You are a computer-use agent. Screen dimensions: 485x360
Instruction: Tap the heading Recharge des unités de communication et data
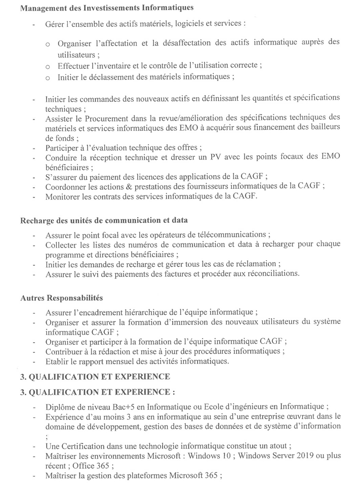(x=103, y=220)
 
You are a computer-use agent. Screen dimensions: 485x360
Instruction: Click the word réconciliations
(x=269, y=274)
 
